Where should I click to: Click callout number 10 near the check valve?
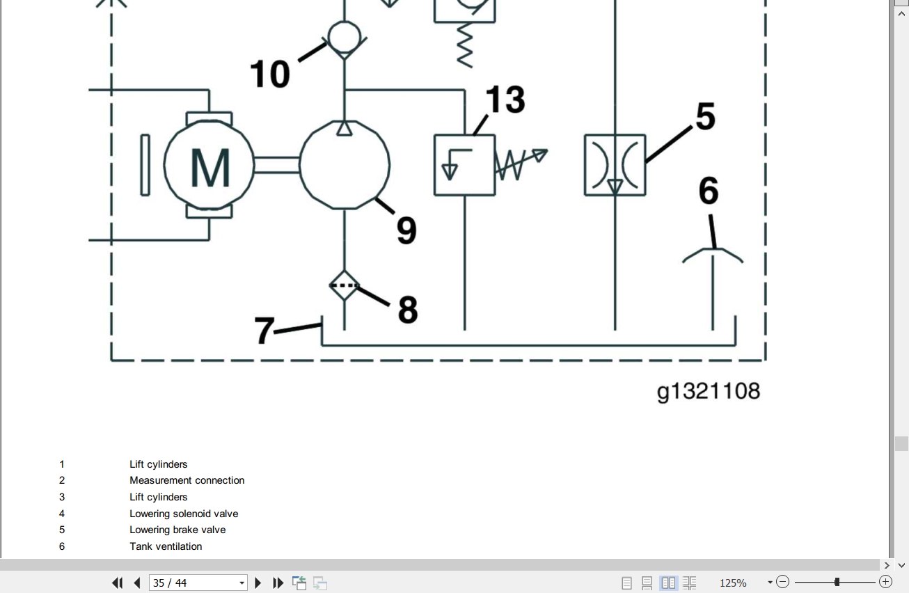tap(270, 74)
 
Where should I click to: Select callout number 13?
tap(505, 99)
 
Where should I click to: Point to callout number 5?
tap(705, 116)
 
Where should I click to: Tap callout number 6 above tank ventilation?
tap(709, 190)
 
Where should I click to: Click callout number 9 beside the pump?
tap(406, 230)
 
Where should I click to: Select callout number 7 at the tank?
tap(264, 330)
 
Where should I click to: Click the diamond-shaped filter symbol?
tap(344, 285)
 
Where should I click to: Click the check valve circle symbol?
tap(344, 38)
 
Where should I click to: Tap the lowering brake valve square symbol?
tap(615, 165)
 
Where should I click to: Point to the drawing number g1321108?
tap(709, 391)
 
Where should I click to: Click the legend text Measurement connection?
tap(187, 480)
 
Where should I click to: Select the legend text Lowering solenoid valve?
tap(184, 514)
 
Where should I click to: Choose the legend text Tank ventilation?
tap(166, 546)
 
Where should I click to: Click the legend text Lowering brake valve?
tap(177, 530)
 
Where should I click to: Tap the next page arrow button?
tap(258, 583)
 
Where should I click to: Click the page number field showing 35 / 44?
tap(198, 583)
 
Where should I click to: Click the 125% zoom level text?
tap(733, 583)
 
